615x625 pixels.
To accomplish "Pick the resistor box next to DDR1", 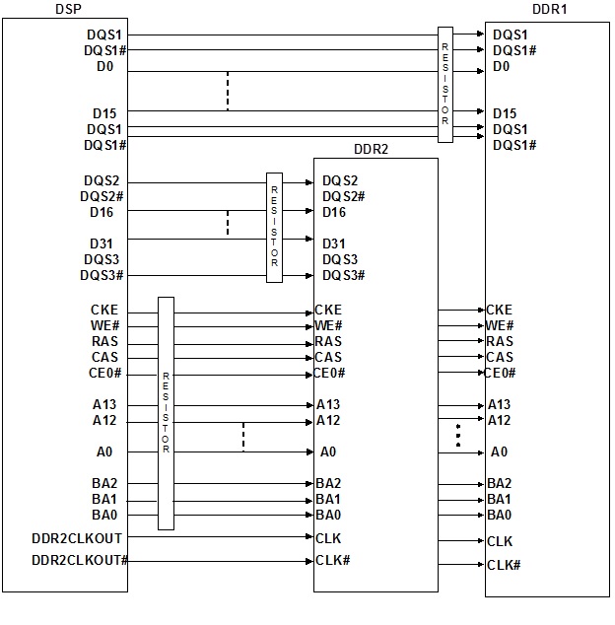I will click(445, 84).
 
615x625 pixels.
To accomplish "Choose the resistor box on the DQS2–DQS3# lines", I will click(274, 228).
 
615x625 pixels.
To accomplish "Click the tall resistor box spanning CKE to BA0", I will click(166, 413).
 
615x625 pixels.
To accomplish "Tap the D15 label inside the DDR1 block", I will click(505, 113).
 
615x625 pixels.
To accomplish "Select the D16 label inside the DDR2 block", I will click(334, 212).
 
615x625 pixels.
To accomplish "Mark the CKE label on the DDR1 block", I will click(499, 311).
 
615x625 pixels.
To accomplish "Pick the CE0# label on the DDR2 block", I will click(329, 373).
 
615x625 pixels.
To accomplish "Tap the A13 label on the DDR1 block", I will click(499, 404).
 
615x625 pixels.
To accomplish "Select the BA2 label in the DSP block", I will click(104, 483).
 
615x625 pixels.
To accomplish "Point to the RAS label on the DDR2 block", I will click(328, 342).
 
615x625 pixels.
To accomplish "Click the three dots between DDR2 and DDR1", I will click(457, 436).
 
